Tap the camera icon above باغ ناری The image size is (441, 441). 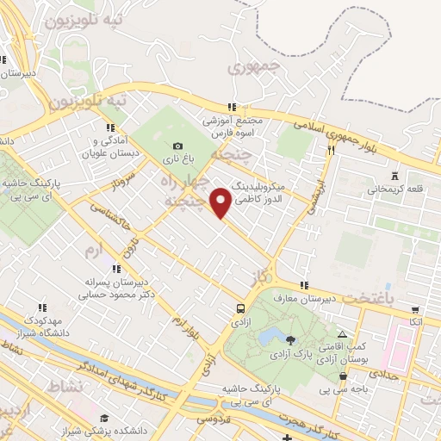click(177, 146)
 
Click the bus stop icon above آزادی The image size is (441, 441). click(240, 307)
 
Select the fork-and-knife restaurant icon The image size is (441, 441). click(331, 149)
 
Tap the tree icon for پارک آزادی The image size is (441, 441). click(289, 339)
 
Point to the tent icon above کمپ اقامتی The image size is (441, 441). click(343, 334)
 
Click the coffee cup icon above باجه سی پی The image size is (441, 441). click(344, 376)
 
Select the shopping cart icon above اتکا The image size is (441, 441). click(416, 310)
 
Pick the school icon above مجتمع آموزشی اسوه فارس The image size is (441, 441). click(231, 108)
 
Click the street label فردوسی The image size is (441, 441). click(210, 419)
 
